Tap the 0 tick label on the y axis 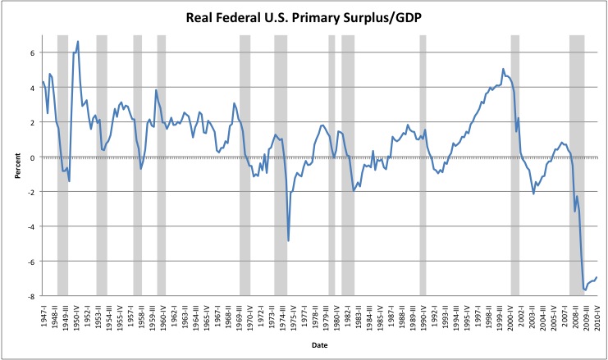[33, 157]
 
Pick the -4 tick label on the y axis [31, 226]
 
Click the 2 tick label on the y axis [33, 122]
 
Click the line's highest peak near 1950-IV [78, 42]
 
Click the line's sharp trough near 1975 [288, 240]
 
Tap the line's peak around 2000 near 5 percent [503, 69]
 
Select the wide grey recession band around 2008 [577, 164]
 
